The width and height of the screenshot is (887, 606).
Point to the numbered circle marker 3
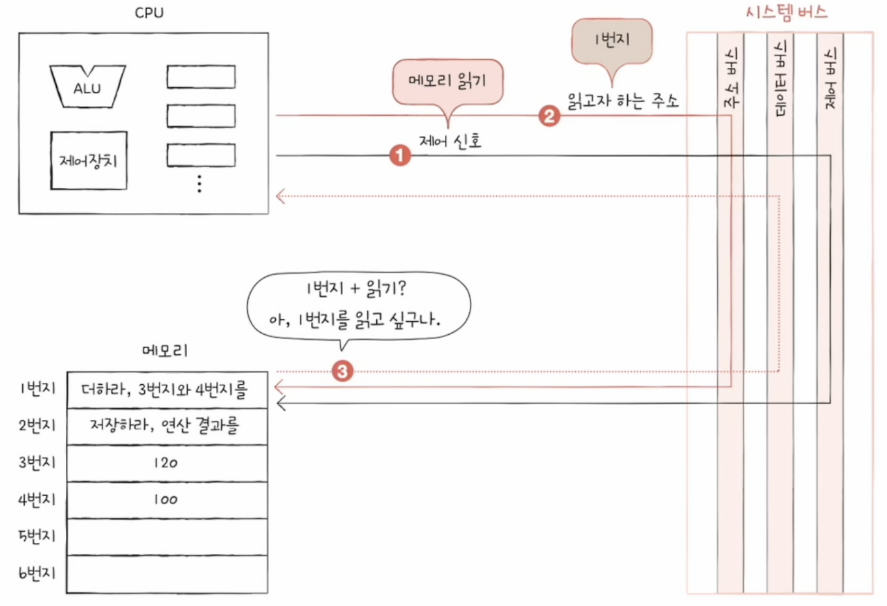click(342, 372)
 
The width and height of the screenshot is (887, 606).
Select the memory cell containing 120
click(166, 462)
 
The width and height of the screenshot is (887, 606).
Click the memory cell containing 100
click(166, 499)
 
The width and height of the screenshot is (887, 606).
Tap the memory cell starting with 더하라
click(166, 390)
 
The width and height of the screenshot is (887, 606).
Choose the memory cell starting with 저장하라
click(166, 426)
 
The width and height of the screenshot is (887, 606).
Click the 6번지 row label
click(39, 573)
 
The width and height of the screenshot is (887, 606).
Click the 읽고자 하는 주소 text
click(622, 101)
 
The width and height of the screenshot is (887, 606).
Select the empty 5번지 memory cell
click(166, 537)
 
